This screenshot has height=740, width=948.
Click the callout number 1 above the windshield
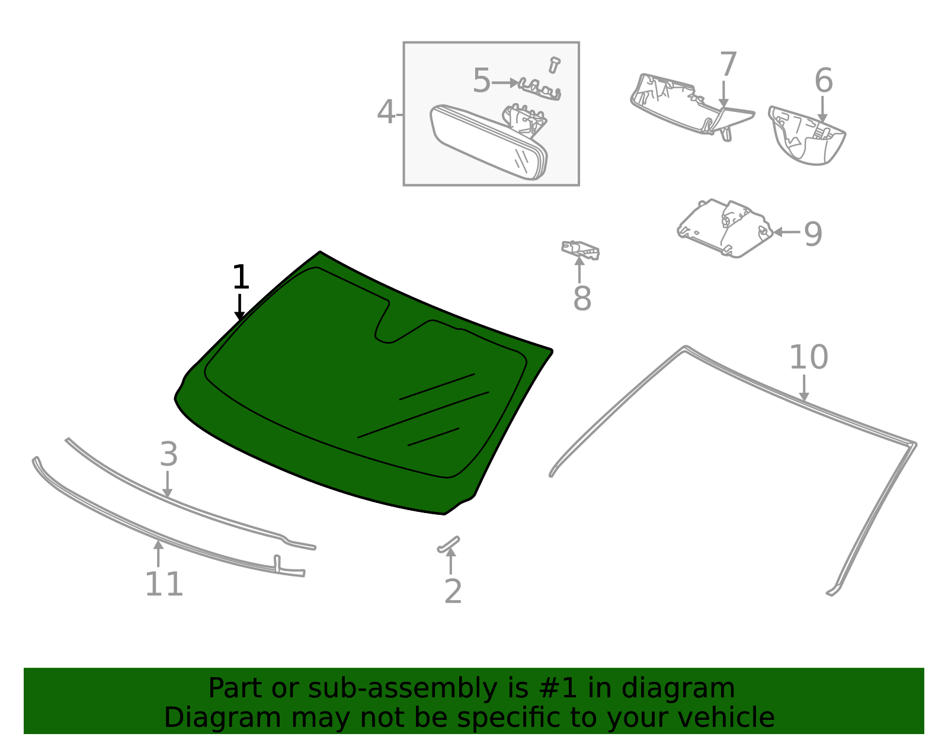click(x=240, y=277)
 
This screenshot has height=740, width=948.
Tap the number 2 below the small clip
click(x=453, y=592)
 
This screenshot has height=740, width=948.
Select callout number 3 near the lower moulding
click(x=168, y=455)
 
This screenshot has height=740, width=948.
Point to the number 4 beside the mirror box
click(x=386, y=113)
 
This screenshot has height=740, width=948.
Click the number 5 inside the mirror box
click(x=481, y=81)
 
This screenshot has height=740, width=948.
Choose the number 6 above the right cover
click(x=823, y=81)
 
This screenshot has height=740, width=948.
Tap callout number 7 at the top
click(x=728, y=65)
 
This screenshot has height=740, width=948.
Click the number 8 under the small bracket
click(x=582, y=299)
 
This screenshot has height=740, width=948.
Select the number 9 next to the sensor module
click(x=813, y=234)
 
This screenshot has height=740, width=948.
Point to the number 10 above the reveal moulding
click(x=808, y=358)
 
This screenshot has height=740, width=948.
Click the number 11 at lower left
click(x=164, y=585)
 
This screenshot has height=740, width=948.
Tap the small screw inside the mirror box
click(x=554, y=65)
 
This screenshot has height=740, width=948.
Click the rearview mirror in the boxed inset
click(x=486, y=142)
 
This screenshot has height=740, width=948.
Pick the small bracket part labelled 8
click(x=581, y=249)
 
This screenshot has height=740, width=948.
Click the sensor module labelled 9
click(x=724, y=228)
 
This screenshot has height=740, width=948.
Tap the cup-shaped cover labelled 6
click(x=807, y=136)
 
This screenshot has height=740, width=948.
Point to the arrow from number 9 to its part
click(x=787, y=232)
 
